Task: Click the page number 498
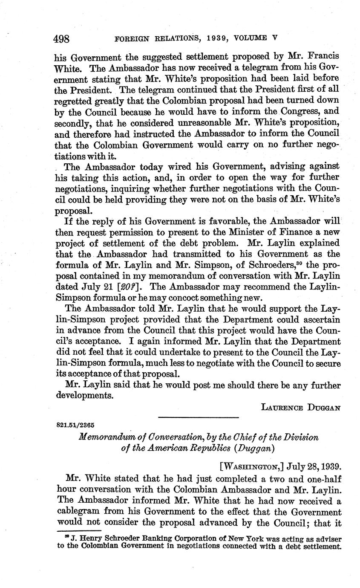coord(62,39)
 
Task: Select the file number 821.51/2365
coord(75,425)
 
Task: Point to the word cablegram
coord(80,512)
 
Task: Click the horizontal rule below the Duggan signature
coord(198,417)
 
